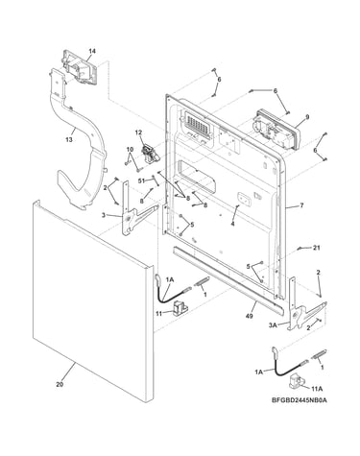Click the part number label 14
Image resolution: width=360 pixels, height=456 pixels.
tap(92, 51)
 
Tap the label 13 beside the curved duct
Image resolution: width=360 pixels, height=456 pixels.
tap(69, 140)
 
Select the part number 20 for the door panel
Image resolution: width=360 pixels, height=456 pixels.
tap(60, 384)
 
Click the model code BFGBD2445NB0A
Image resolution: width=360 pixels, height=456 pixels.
tap(300, 400)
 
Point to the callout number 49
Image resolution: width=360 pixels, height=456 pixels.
tap(249, 317)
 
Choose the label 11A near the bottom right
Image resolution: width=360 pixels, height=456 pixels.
tap(317, 389)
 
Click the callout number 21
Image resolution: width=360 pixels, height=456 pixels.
tap(317, 248)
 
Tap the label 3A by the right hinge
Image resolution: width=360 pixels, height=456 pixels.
tap(273, 325)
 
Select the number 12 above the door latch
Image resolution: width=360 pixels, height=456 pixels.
tap(138, 132)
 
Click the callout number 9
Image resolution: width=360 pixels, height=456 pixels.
tap(307, 117)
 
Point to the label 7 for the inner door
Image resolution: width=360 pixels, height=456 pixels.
tap(301, 205)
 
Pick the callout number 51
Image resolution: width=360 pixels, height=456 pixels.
tap(141, 180)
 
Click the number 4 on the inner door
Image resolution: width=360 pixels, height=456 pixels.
tap(232, 225)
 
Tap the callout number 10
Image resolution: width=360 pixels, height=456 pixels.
tap(130, 149)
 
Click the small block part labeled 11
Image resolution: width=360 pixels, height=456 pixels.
tap(180, 308)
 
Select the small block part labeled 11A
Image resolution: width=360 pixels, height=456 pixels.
tap(296, 381)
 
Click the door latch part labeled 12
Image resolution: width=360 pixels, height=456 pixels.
tap(150, 154)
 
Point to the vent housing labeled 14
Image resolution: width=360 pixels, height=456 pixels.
tap(80, 67)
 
